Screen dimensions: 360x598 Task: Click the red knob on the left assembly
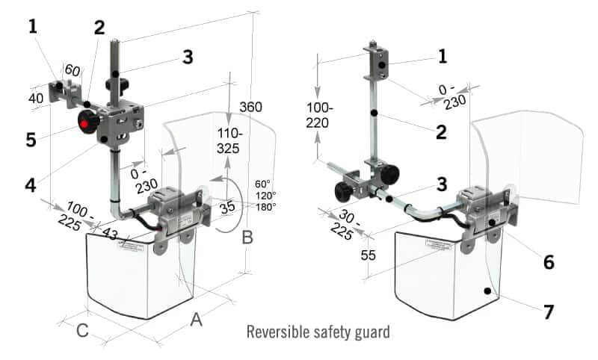pyautogui.click(x=87, y=122)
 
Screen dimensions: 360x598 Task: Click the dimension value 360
pyautogui.click(x=250, y=108)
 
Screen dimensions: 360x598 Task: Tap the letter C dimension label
pyautogui.click(x=84, y=329)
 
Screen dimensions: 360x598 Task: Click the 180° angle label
pyautogui.click(x=265, y=206)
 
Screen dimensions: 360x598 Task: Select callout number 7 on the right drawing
pyautogui.click(x=549, y=311)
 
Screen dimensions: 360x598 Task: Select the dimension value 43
pyautogui.click(x=110, y=235)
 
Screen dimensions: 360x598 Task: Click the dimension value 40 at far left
pyautogui.click(x=35, y=98)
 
